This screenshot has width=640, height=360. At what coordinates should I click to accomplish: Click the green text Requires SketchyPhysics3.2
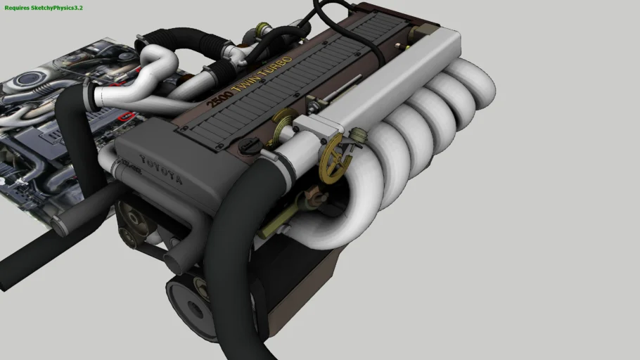coord(44,8)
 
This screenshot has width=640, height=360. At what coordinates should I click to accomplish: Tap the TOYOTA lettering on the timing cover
coord(161,169)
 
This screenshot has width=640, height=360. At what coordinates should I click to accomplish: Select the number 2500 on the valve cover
coord(219,98)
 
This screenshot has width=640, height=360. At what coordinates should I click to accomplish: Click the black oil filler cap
coord(249,145)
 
